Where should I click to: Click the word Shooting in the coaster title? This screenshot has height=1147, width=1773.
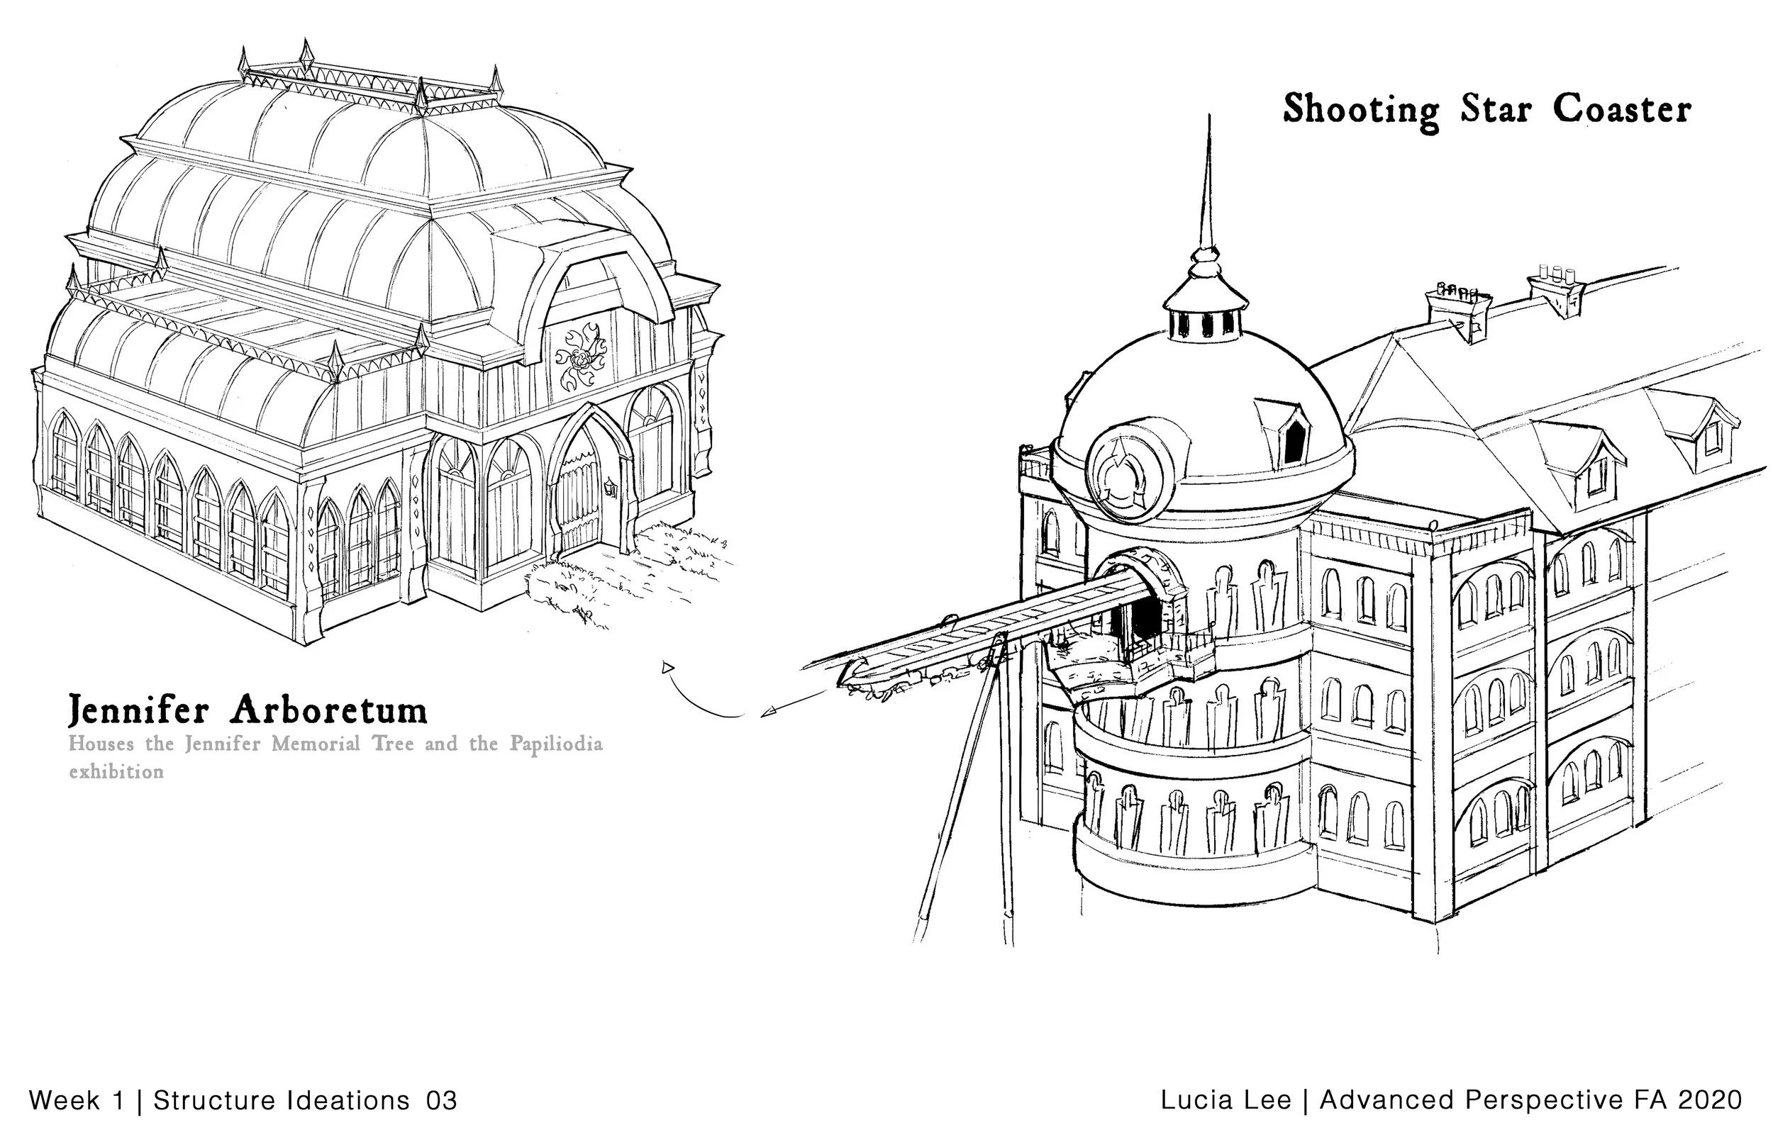point(1360,110)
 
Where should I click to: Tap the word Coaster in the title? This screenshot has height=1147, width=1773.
point(1622,109)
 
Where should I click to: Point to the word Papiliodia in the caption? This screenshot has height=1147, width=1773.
point(556,744)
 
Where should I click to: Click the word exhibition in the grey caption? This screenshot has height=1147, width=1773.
point(116,771)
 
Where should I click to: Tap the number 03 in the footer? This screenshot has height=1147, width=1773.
point(441,1100)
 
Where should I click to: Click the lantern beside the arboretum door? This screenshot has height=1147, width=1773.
point(611,488)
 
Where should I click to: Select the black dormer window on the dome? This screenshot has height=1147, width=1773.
point(1295,441)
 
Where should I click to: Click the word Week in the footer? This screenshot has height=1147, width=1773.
point(65,1100)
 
